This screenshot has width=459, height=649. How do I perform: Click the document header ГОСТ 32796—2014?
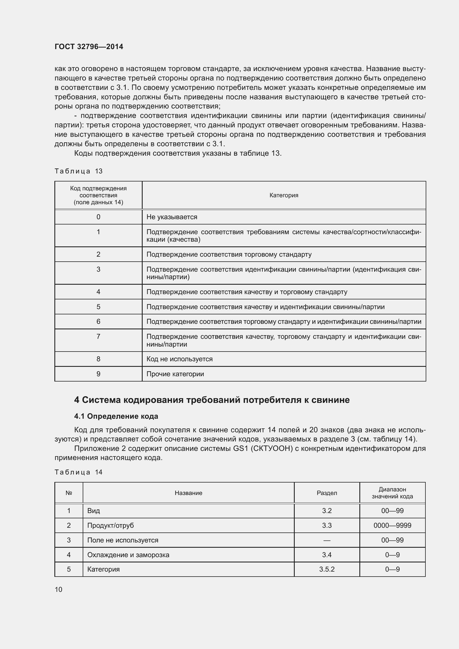89,47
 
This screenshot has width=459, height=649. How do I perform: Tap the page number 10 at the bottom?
59,589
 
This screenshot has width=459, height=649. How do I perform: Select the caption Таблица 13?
78,171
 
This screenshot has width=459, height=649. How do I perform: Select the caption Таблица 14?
78,472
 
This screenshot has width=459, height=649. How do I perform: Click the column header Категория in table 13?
284,195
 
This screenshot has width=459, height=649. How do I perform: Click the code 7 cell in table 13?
98,336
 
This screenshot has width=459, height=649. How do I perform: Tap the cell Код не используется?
180,359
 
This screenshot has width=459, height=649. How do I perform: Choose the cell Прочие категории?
175,374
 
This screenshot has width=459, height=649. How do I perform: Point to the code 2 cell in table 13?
98,254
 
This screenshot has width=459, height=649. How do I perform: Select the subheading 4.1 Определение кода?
116,416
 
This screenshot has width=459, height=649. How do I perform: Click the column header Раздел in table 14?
327,493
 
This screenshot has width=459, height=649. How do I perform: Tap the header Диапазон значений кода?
392,493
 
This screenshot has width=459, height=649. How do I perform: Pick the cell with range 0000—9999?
392,526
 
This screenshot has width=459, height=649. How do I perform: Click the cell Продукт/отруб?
110,526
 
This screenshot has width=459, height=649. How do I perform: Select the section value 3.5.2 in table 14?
327,569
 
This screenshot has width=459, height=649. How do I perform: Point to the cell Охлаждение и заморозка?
128,555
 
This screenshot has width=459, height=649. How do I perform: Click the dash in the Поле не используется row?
327,540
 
